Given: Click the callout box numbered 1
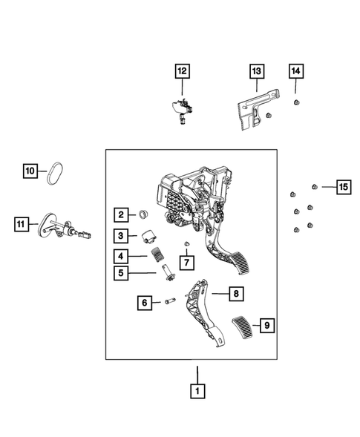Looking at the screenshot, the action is [197, 391].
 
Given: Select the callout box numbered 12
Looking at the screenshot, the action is [182, 71].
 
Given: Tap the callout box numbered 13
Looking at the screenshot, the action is [257, 71].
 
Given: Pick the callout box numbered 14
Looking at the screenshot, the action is [296, 71].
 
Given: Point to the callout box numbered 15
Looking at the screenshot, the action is [344, 187].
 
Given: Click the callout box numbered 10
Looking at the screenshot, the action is [30, 171].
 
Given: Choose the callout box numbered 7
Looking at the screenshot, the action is [186, 262].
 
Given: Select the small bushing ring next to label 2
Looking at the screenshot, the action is [143, 215].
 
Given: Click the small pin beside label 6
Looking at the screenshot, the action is [170, 301].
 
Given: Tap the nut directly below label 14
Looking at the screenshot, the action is [296, 102].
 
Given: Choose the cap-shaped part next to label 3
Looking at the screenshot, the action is [148, 236].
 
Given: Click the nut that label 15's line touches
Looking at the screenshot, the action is [315, 186].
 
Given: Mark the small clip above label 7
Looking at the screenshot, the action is [186, 244].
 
